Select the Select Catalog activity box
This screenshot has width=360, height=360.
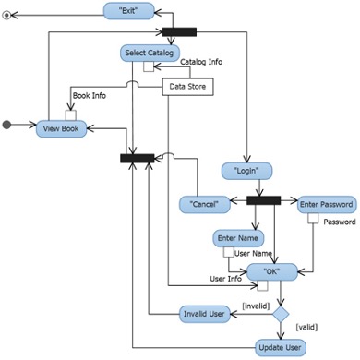coord(149,54)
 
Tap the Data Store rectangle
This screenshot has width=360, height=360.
coord(187,87)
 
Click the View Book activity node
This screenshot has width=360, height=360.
coord(62,129)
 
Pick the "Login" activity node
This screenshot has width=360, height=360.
coord(246,171)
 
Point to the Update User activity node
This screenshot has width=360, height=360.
coord(280,348)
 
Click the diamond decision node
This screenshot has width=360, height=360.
coord(280,315)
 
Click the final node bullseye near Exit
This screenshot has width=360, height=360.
coord(9,16)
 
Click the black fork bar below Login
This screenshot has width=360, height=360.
coord(263,200)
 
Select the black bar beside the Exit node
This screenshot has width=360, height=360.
coord(179,32)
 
